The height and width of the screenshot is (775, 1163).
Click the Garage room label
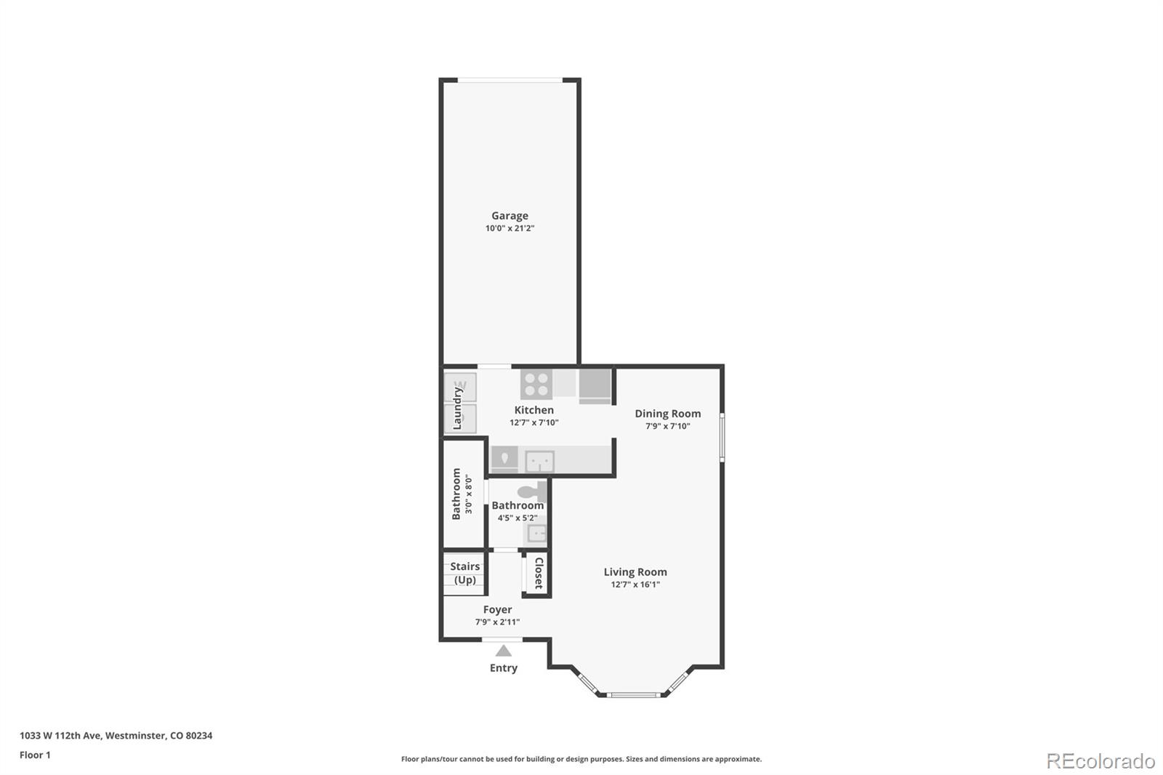[510, 215]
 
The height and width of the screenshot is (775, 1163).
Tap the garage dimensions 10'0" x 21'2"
[510, 228]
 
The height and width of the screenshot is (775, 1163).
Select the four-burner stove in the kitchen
[536, 384]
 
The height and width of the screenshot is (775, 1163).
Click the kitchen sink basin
[540, 461]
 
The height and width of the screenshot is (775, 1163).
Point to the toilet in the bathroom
[533, 491]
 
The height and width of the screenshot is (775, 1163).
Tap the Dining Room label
[667, 414]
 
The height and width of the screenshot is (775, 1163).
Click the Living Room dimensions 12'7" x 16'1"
[635, 585]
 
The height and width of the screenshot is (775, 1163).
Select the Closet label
[539, 573]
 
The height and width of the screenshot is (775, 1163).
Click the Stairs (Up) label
[464, 573]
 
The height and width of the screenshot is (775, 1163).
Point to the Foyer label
[497, 609]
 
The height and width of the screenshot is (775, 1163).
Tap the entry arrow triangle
[503, 651]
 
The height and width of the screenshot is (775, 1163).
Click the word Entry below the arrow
[503, 668]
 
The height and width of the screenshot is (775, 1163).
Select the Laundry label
[457, 408]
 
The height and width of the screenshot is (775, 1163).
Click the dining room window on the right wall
[722, 437]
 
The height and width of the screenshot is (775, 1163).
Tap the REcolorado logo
[1100, 760]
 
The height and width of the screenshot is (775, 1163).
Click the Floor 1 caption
[35, 755]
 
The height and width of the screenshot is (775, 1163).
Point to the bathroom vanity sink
[536, 534]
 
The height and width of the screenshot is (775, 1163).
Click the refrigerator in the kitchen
[595, 385]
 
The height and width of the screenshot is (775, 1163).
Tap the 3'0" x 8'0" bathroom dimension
[469, 494]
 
